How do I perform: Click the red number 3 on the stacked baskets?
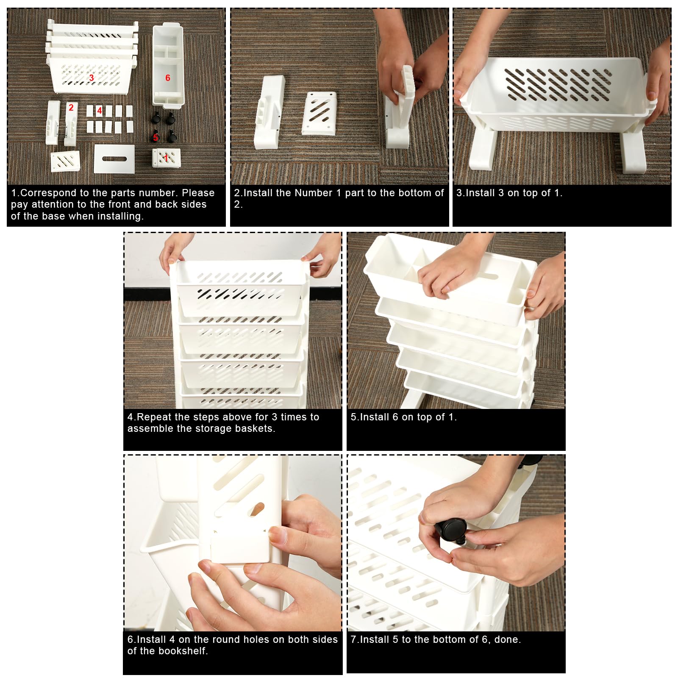92,78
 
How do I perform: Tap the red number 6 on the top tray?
168,78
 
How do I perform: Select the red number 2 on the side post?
71,108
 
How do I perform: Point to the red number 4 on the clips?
100,111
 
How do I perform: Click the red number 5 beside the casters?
156,137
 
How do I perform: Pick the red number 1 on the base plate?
166,157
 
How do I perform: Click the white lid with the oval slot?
114,159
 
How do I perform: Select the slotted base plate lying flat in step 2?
319,113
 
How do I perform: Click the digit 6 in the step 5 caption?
395,417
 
